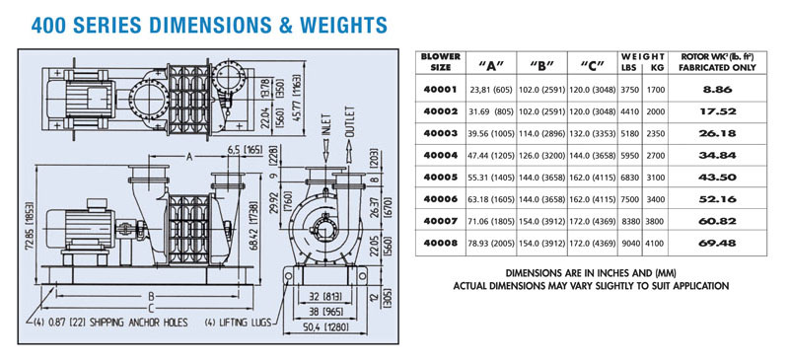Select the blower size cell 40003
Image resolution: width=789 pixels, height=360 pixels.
440,133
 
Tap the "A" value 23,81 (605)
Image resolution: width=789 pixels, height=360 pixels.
491,90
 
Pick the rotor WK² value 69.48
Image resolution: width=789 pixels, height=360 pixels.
718,243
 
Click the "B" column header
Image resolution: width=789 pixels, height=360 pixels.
541,65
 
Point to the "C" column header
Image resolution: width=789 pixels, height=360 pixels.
592,65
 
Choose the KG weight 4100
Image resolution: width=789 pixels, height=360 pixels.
656,244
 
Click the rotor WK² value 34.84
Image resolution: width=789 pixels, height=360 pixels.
718,155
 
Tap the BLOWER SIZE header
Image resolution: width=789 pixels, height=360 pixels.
441,61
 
